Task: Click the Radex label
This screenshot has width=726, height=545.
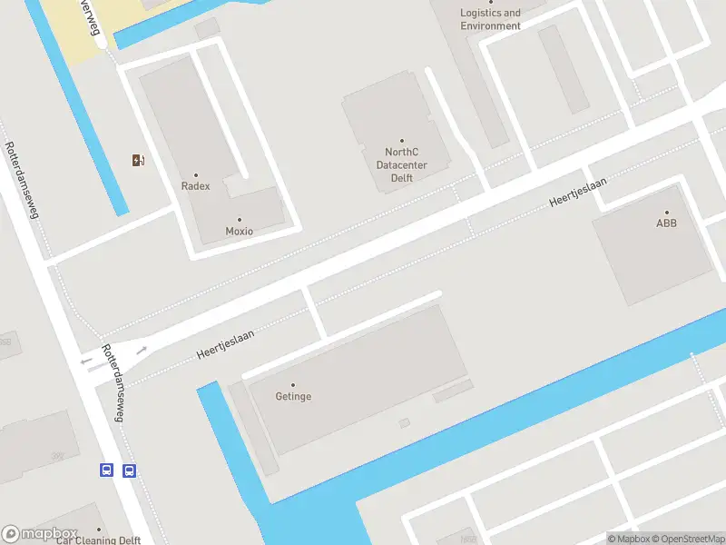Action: [x=195, y=186]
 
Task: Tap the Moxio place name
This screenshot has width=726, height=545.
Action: [x=240, y=232]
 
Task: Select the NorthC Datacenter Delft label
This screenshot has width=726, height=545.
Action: [x=402, y=165]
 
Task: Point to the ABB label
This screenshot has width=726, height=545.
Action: [x=667, y=223]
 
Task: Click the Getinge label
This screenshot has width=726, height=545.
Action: [x=293, y=397]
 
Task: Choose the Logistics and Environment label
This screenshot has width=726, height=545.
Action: [x=491, y=19]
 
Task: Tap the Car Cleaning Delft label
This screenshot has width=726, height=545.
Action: [x=99, y=540]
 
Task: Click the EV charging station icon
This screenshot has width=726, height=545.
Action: [x=138, y=161]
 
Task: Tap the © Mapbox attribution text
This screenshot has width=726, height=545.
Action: [x=629, y=540]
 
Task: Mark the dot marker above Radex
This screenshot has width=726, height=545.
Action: [x=195, y=174]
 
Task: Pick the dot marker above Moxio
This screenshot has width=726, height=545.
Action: [x=240, y=220]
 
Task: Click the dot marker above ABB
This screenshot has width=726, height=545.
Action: [x=667, y=212]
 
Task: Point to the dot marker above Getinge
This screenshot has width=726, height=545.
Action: [x=292, y=385]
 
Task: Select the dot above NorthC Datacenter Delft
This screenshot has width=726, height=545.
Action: [x=402, y=141]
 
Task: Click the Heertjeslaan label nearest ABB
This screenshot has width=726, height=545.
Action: [x=578, y=191]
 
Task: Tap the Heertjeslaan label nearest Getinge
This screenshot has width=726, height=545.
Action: [x=225, y=346]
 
